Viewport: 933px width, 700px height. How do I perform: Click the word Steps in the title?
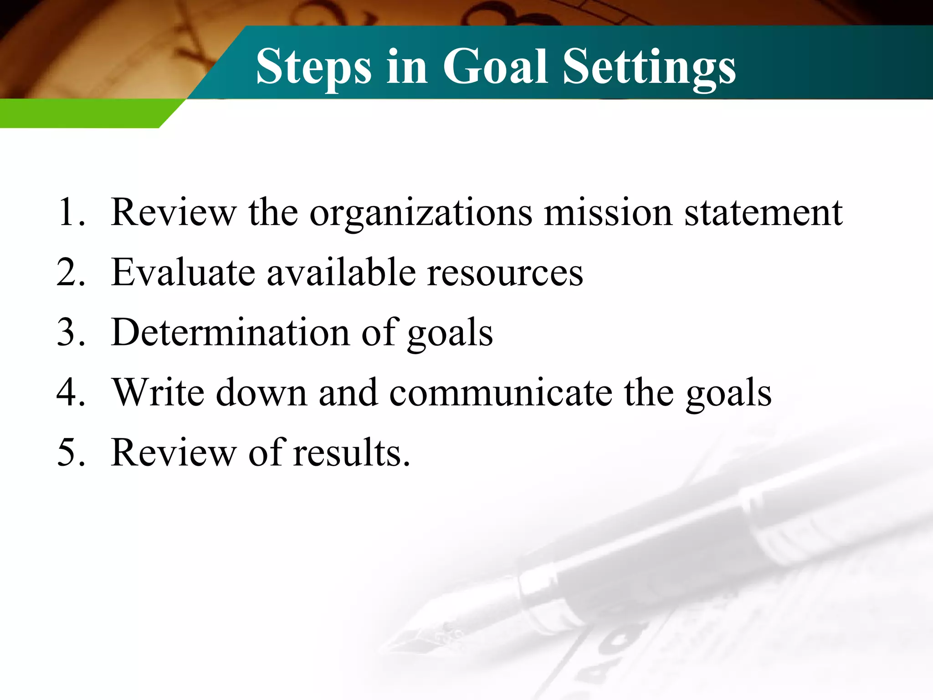click(314, 67)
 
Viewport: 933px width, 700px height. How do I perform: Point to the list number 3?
click(71, 332)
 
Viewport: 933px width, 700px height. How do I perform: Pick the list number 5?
click(71, 452)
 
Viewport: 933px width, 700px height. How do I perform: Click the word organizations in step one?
click(420, 213)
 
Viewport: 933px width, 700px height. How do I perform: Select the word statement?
click(764, 213)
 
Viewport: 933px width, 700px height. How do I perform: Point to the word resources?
click(505, 273)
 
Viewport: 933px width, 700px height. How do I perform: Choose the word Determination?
click(231, 332)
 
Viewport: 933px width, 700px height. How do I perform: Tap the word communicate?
click(501, 392)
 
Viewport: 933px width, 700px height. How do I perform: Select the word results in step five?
click(351, 452)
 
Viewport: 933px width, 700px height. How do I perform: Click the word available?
click(341, 272)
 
